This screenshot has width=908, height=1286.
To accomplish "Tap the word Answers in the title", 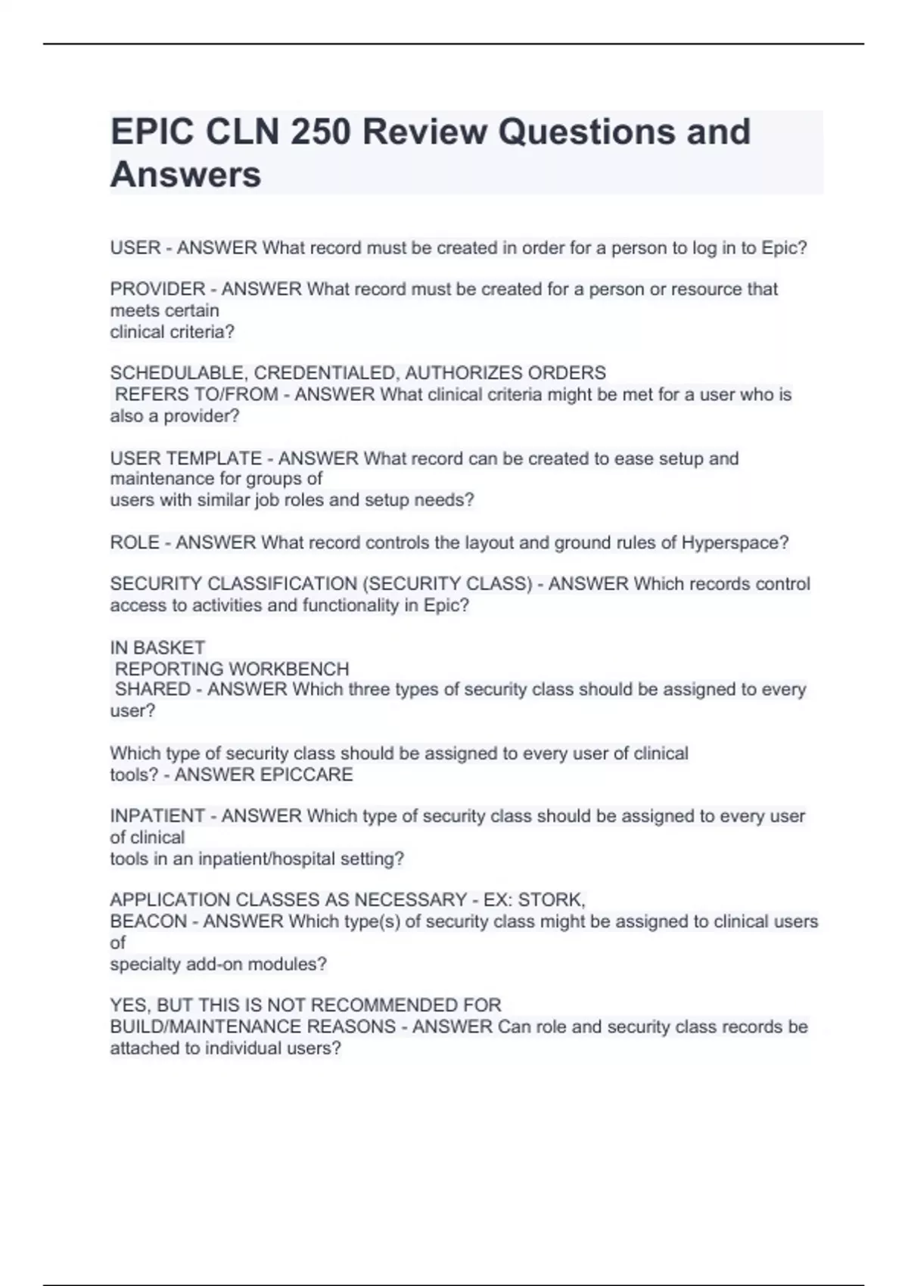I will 185,175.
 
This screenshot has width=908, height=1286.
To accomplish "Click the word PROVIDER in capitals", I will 157,289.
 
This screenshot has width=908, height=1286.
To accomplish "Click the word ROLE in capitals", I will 135,542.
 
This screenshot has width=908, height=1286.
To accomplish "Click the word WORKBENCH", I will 289,669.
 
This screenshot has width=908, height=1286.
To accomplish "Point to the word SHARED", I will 152,689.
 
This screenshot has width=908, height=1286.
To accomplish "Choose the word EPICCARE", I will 306,775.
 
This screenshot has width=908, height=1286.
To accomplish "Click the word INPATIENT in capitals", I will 157,816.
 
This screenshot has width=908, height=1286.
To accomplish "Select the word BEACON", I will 148,921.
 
